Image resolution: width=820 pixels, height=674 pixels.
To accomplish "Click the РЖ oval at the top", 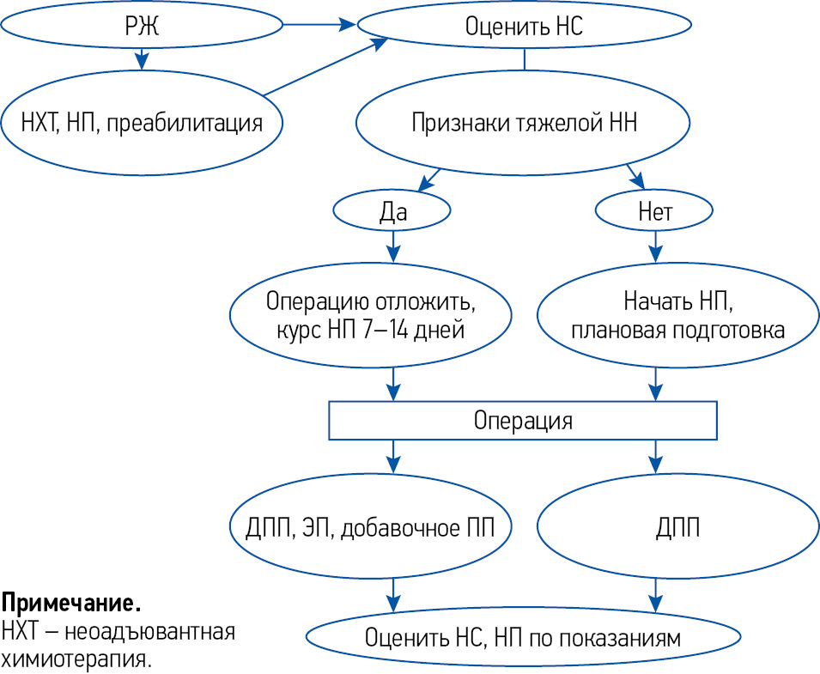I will (142, 26).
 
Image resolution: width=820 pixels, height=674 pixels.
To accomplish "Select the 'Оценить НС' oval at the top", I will (524, 26).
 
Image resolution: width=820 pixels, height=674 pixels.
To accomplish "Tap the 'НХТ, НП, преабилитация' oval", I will (142, 121).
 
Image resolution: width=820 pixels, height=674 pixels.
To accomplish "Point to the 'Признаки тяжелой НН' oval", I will (524, 121).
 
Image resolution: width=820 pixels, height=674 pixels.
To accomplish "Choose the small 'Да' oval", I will (392, 211).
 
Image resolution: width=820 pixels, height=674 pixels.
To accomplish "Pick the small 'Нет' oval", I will (655, 211).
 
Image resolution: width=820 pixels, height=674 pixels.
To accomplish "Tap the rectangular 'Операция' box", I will (523, 421).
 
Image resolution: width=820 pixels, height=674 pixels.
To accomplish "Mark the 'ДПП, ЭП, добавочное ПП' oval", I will (371, 526).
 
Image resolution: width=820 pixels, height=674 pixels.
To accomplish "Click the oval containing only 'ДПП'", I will (677, 526).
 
